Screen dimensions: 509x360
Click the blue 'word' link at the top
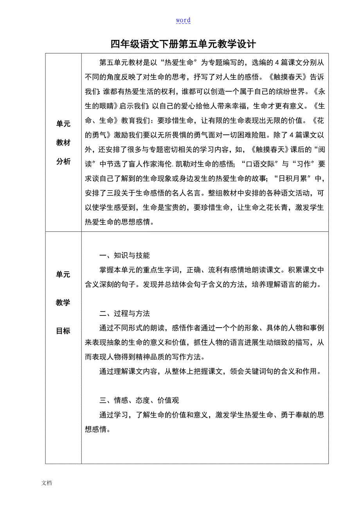tap(183, 20)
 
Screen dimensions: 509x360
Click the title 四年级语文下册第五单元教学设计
tap(183, 44)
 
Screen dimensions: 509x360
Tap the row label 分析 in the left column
tap(63, 161)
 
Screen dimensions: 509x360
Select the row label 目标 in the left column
tap(63, 331)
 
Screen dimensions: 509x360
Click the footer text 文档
tap(47, 483)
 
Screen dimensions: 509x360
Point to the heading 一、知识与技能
tap(125, 256)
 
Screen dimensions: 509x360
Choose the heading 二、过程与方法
tap(125, 314)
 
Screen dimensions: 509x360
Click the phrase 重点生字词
tap(157, 270)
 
